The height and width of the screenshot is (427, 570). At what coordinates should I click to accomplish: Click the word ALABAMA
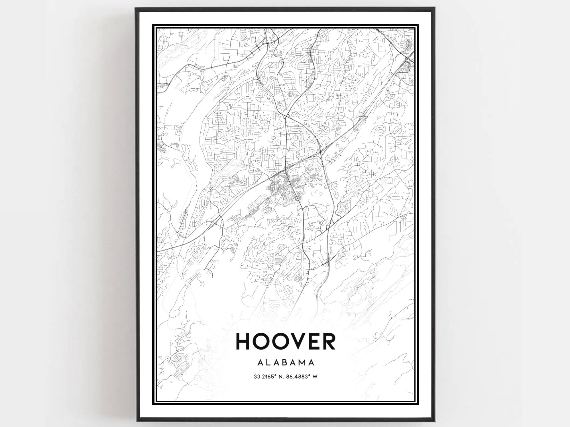coord(285,363)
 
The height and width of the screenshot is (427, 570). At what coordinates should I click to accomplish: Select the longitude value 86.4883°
coord(300,377)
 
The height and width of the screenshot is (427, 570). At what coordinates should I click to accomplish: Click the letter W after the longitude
coord(315,377)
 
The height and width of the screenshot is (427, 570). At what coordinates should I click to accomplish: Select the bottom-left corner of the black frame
coord(136,421)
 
